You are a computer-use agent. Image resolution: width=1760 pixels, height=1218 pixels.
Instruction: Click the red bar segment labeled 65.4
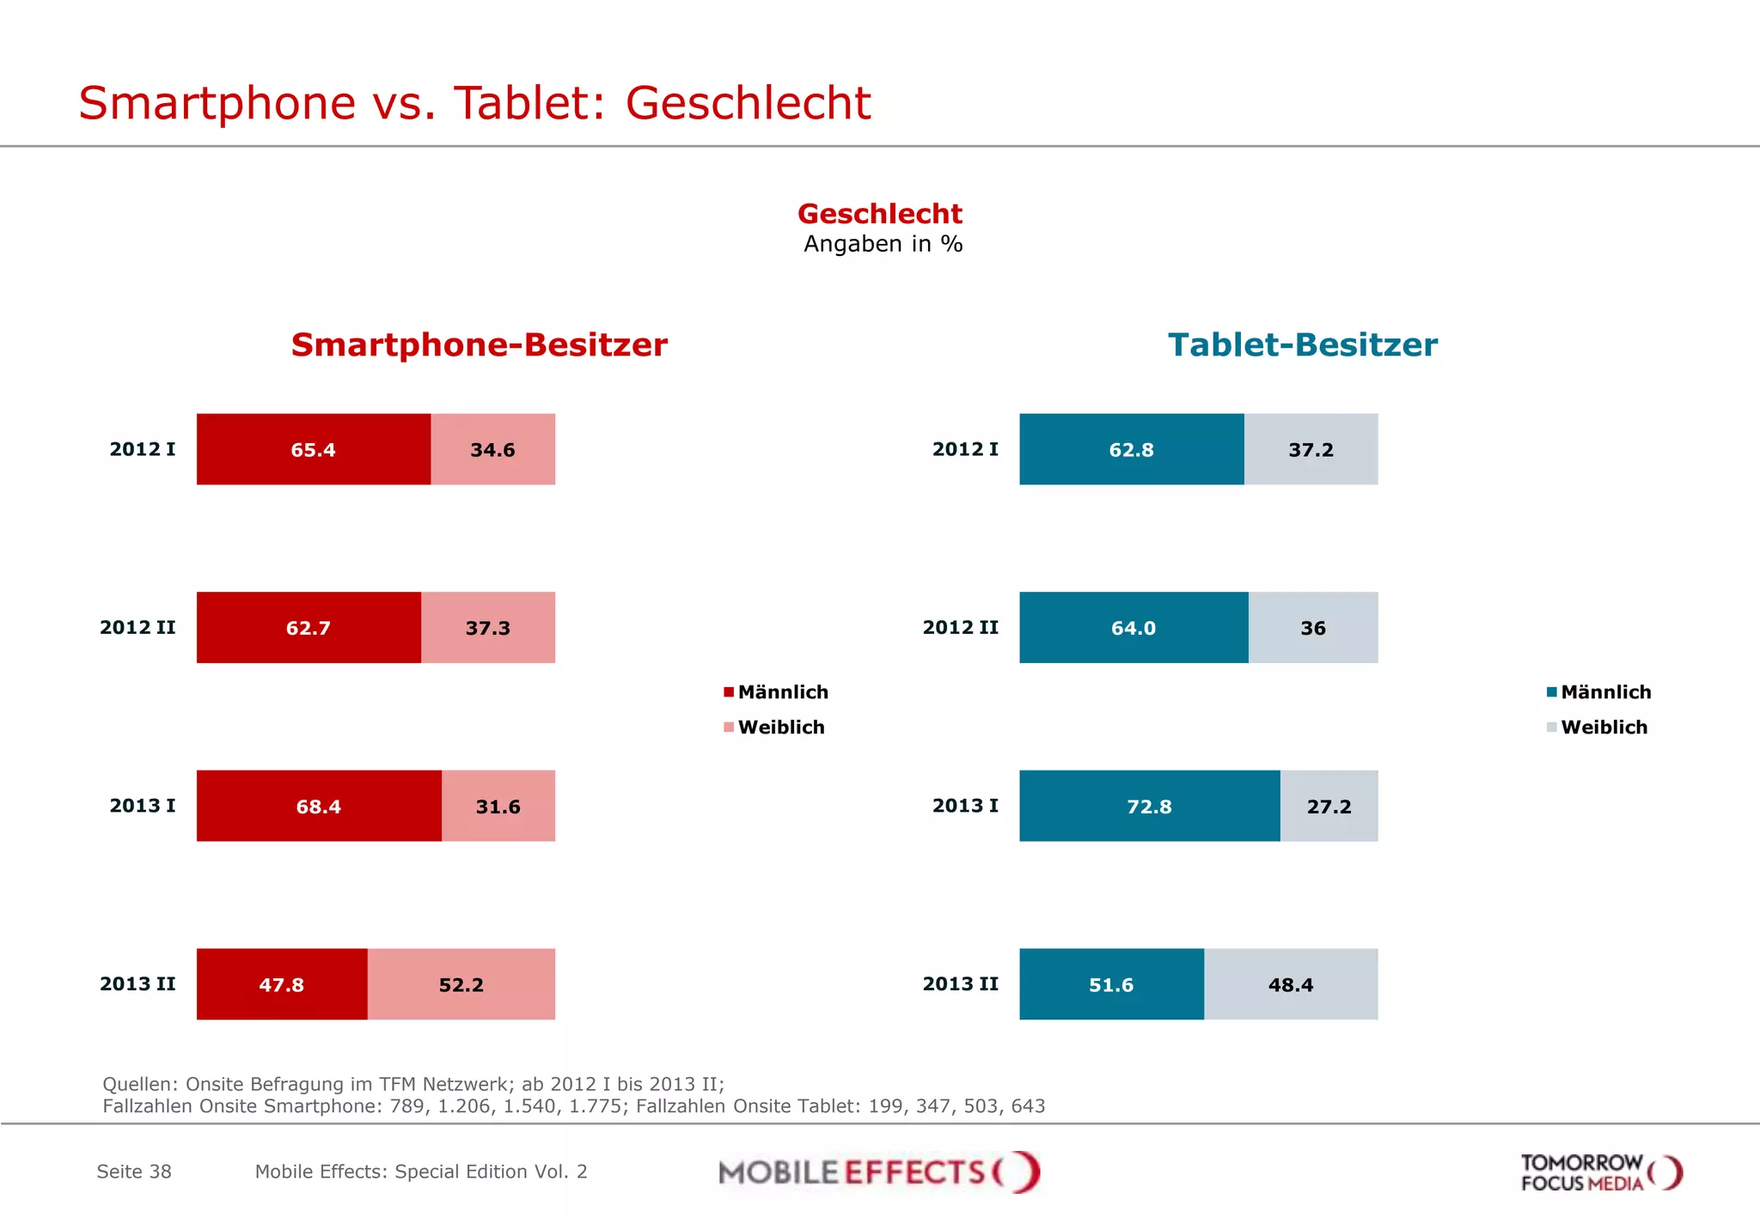(313, 449)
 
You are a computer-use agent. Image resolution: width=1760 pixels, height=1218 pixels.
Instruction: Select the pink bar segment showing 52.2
(461, 984)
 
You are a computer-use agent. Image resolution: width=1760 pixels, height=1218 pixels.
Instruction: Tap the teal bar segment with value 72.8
(1149, 806)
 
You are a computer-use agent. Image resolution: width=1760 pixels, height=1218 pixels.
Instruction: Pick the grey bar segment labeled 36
(1312, 628)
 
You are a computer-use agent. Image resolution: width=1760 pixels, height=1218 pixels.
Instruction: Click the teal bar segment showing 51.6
(1111, 984)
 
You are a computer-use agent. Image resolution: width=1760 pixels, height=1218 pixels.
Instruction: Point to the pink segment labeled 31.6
(498, 806)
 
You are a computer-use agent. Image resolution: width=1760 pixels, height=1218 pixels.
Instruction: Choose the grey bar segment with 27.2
(1329, 806)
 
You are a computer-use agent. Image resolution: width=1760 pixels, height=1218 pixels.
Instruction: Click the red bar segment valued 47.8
(281, 984)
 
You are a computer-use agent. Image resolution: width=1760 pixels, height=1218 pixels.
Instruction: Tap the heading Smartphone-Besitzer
(479, 344)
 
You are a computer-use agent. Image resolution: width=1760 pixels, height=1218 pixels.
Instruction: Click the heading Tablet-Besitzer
(1302, 344)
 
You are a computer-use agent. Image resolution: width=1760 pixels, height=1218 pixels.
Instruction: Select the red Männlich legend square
(729, 692)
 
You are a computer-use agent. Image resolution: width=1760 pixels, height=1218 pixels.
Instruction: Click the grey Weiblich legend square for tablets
(1551, 728)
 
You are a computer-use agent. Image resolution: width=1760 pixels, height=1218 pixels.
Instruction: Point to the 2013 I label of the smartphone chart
(143, 806)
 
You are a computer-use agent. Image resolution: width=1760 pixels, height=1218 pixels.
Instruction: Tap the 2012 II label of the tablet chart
(960, 628)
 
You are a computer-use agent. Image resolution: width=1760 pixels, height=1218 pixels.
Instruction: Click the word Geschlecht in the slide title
(748, 103)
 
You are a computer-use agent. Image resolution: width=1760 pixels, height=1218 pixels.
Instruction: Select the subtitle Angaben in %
(883, 244)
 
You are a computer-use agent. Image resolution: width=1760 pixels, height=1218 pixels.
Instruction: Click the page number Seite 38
(134, 1172)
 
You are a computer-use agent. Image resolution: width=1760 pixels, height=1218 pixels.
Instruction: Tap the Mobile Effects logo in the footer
(879, 1172)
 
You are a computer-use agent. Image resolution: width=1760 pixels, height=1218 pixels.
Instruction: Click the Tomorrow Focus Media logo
(1600, 1172)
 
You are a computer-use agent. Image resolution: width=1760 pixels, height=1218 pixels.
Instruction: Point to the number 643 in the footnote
(1028, 1106)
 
